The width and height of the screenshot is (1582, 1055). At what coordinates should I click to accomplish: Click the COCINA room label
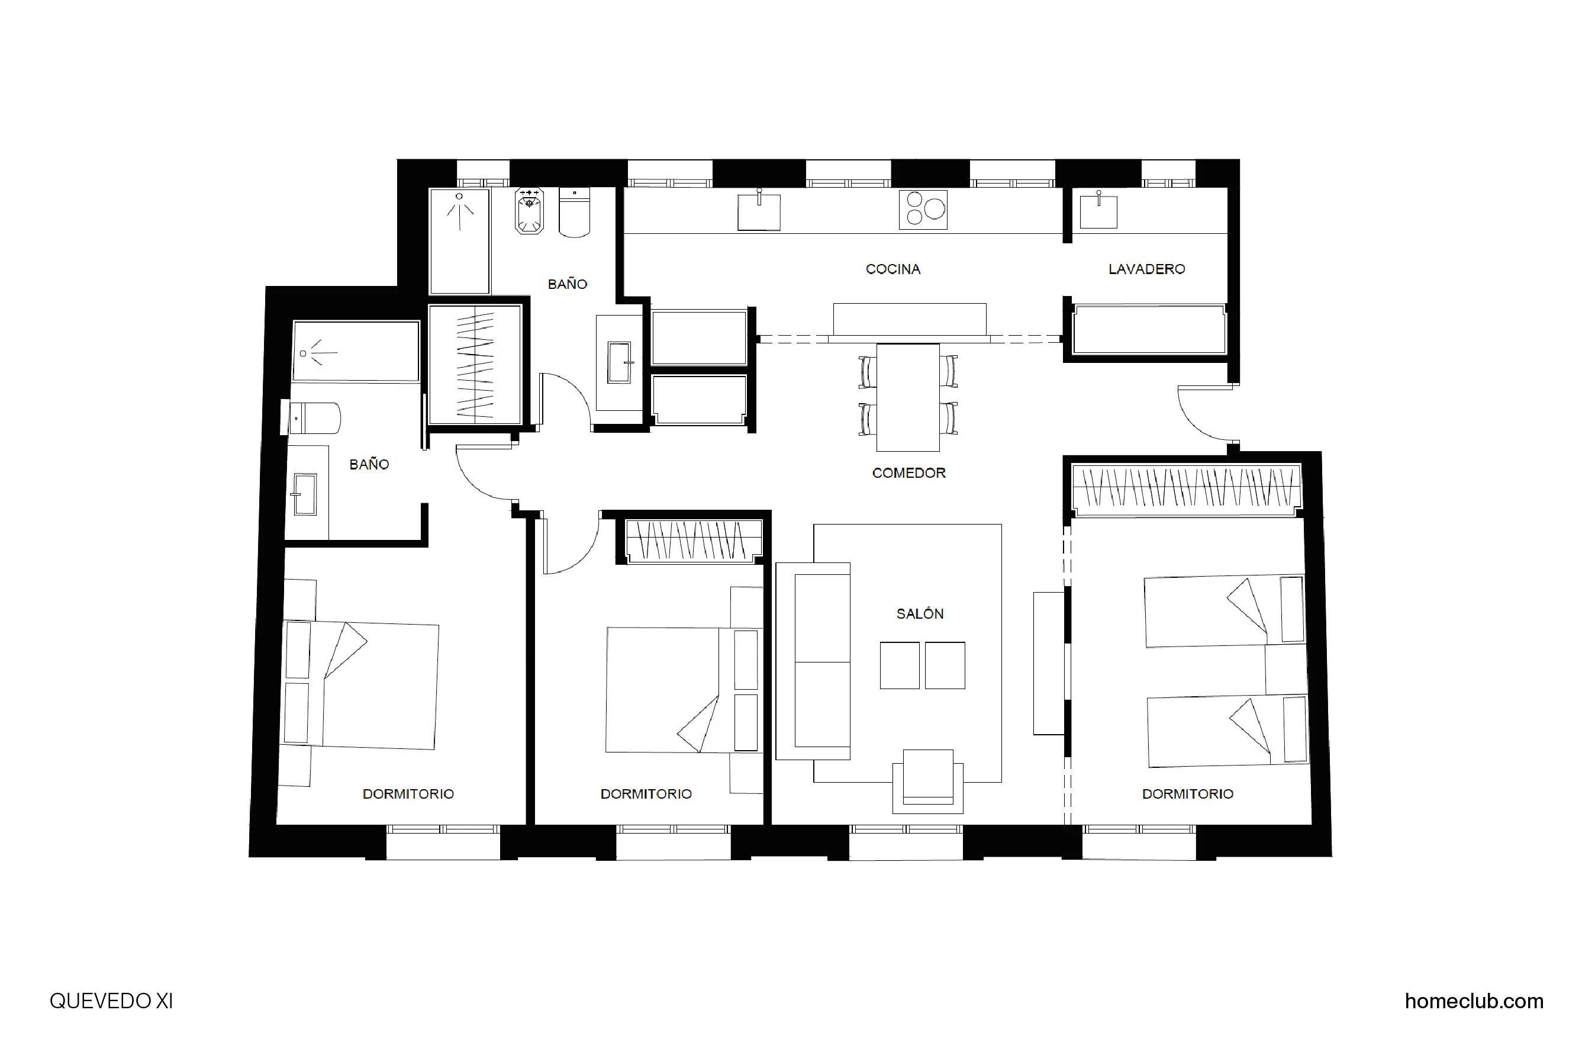point(893,269)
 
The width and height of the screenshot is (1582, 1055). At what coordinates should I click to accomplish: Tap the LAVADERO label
point(1146,269)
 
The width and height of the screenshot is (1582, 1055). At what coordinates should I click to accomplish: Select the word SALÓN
point(920,613)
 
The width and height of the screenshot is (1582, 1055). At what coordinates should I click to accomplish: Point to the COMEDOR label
point(908,473)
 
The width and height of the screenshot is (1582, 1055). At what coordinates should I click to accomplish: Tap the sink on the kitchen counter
point(759,212)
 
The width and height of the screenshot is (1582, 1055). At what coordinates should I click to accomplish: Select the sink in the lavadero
point(1098,211)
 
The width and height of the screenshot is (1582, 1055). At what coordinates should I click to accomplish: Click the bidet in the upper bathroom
point(529,212)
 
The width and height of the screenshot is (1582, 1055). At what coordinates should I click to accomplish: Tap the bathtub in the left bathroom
point(356,352)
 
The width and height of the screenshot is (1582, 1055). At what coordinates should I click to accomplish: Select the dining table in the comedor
point(907,397)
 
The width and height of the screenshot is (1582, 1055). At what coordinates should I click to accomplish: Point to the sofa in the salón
point(814,661)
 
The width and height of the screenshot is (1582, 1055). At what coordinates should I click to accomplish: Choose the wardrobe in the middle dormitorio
point(694,541)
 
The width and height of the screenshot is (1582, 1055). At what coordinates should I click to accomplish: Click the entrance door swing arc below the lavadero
point(1201,417)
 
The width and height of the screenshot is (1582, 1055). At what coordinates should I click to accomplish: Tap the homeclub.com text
point(1474,1001)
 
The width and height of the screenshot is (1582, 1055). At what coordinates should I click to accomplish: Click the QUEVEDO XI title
point(112,1001)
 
